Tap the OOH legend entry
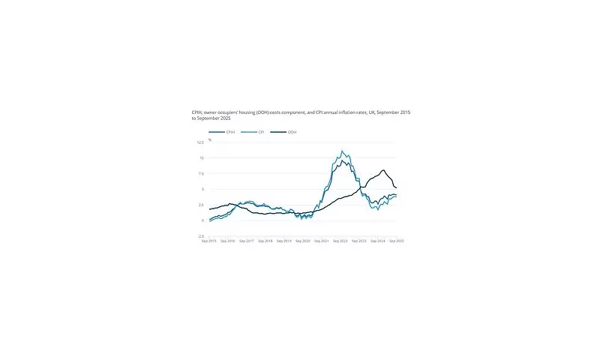[291, 132]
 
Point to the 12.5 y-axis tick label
[200, 142]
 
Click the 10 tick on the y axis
[201, 158]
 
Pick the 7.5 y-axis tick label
[200, 174]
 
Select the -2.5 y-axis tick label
[199, 236]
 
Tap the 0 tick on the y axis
[202, 220]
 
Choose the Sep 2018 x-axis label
[265, 241]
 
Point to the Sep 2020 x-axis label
[303, 241]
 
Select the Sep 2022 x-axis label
[341, 241]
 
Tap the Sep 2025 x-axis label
[396, 241]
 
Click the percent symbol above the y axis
[211, 139]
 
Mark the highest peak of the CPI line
[342, 151]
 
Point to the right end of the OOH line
[397, 187]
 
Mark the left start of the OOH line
[210, 209]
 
